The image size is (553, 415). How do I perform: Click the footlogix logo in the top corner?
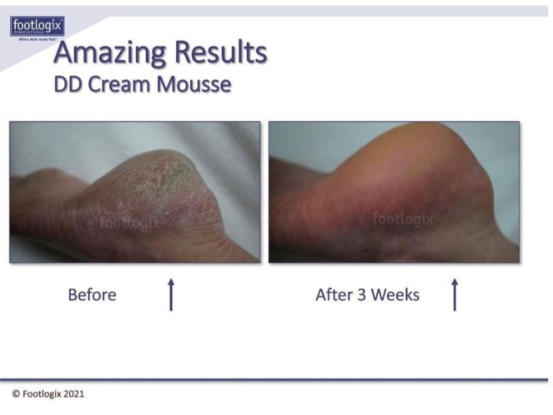coord(37,27)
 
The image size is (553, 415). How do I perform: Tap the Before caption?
coord(92,295)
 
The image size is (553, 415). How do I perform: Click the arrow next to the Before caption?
coord(171,295)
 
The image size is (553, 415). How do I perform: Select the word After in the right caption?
coord(334,295)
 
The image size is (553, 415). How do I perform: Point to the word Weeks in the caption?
coord(395,295)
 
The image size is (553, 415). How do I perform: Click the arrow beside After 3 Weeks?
coord(454,295)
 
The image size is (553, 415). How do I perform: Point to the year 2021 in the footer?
coord(74,394)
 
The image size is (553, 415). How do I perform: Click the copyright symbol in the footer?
coord(16,394)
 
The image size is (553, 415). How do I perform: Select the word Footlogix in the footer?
coord(41,394)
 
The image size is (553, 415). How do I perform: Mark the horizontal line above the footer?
coord(276,380)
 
